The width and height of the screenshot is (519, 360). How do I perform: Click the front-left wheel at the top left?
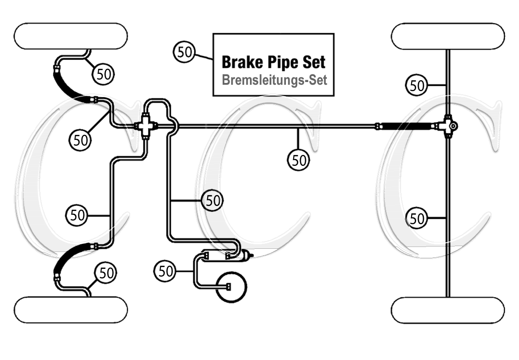[x=71, y=36]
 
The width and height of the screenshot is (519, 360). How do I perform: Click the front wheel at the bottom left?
[x=71, y=310]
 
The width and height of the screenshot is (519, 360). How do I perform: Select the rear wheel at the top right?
[x=448, y=36]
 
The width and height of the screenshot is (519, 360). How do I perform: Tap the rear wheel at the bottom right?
[x=448, y=310]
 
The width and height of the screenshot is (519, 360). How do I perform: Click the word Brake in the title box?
[x=240, y=62]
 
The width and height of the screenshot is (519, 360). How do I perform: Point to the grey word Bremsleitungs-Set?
[x=275, y=80]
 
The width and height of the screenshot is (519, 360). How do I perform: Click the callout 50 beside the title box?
[x=184, y=51]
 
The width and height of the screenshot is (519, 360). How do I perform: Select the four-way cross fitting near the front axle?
[x=145, y=125]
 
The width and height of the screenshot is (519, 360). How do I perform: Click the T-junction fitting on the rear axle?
[x=448, y=125]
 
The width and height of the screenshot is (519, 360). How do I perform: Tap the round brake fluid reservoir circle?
[x=231, y=287]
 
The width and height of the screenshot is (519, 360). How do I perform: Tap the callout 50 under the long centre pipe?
[x=298, y=160]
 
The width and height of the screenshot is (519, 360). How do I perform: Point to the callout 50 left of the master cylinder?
[x=166, y=272]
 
